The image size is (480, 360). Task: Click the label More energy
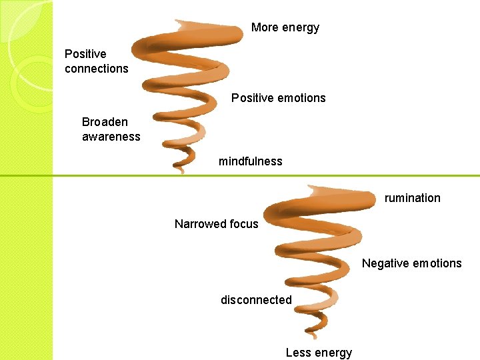[x=285, y=27]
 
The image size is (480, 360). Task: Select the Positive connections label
[x=96, y=61]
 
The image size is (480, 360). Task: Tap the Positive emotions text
[x=278, y=98]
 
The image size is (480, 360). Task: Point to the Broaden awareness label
[x=111, y=129]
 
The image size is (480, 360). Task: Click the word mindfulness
[x=250, y=161]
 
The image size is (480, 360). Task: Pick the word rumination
[x=412, y=198]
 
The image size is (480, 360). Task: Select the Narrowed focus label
[x=216, y=224]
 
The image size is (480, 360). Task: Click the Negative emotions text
[x=411, y=263]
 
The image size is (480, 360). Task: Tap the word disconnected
[x=256, y=300]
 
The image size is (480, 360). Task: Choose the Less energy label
[x=319, y=353]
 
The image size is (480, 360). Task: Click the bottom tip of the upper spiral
[x=181, y=171]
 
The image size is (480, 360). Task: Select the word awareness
[x=111, y=137]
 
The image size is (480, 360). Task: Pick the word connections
[x=96, y=68]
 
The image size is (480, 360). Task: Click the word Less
[x=298, y=353]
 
